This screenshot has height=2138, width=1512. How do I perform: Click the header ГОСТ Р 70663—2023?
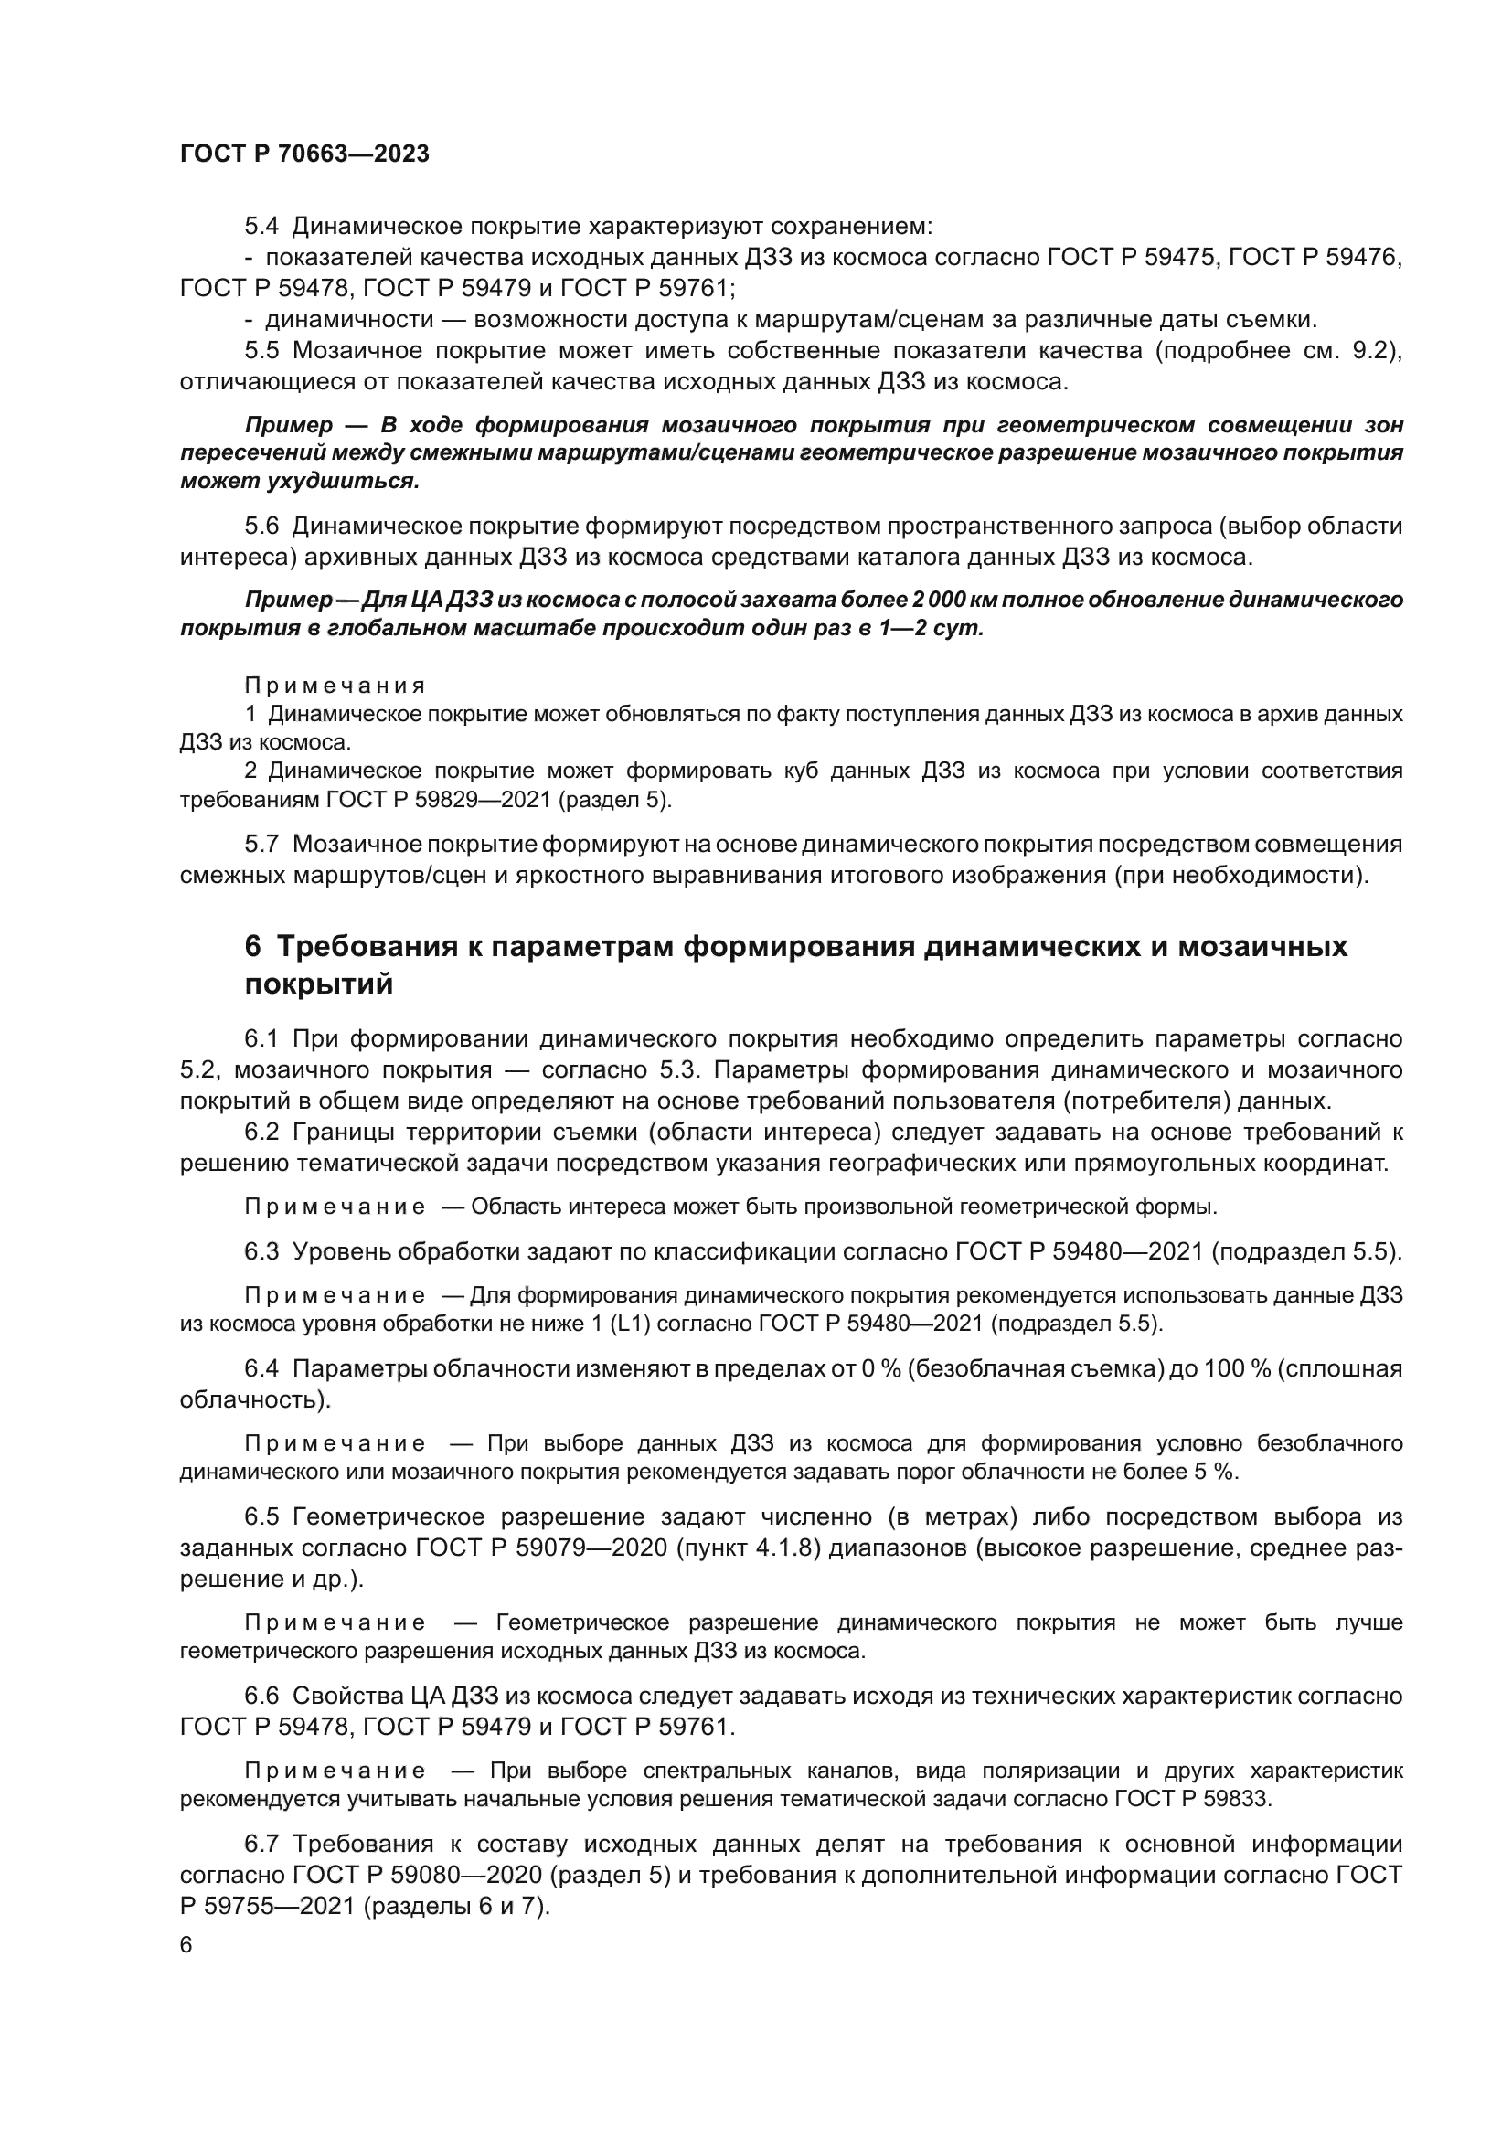point(304,154)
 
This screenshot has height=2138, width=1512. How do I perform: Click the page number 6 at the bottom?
point(186,1944)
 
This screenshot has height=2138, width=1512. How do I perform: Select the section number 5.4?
point(261,227)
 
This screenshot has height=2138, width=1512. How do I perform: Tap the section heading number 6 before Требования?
point(252,947)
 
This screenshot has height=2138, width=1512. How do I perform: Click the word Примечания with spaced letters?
point(335,686)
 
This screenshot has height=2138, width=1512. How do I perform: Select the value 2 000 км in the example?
point(938,599)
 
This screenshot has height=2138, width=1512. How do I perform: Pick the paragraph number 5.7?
point(261,844)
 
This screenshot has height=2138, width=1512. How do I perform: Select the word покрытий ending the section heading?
point(318,984)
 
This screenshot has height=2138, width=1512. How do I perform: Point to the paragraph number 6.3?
point(261,1251)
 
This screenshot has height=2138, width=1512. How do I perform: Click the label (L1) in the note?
point(633,1324)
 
